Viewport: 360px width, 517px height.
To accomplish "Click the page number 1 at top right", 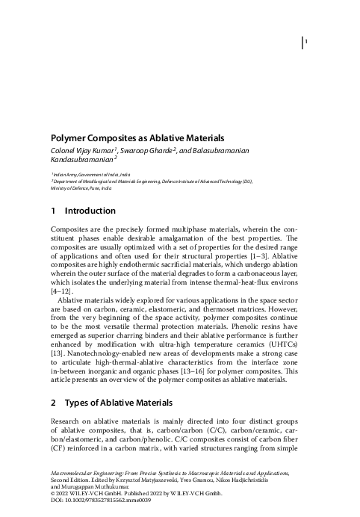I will click(x=306, y=43).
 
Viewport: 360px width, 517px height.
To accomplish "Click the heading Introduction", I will click(x=90, y=211).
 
